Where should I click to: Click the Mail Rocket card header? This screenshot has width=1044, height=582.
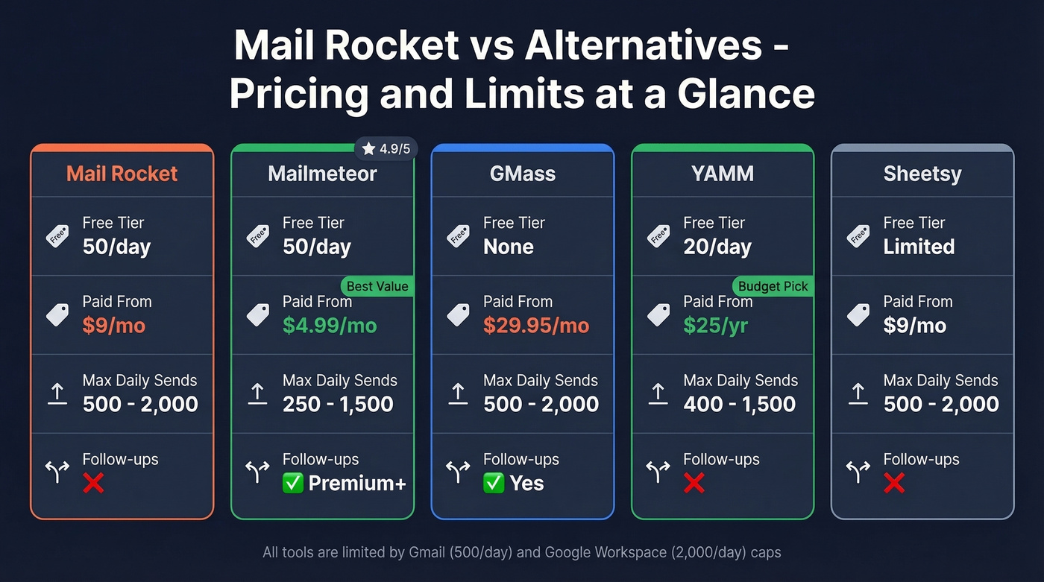tap(122, 174)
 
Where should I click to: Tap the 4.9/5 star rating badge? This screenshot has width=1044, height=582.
tap(386, 149)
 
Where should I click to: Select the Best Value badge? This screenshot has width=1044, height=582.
tap(377, 287)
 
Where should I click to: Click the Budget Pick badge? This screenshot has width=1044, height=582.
tap(773, 287)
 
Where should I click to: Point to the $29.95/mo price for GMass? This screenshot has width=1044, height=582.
tap(536, 326)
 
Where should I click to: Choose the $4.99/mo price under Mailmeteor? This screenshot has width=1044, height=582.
tap(330, 326)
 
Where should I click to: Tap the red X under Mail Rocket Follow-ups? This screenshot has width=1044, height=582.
tap(93, 484)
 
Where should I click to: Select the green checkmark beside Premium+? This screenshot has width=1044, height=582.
tap(293, 484)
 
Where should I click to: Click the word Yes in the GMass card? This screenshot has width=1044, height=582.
tap(526, 484)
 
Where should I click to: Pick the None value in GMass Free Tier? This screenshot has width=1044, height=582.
tap(509, 247)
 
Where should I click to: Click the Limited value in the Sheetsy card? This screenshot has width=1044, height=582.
tap(919, 247)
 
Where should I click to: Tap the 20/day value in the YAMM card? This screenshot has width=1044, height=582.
tap(717, 247)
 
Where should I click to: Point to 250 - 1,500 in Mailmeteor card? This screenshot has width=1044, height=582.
tap(338, 405)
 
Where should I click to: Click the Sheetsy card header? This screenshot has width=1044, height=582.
tap(922, 174)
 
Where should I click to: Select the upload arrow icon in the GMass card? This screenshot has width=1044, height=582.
tap(457, 393)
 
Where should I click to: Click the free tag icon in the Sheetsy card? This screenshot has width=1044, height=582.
tap(858, 236)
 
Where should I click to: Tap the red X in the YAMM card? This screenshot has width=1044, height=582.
tap(694, 484)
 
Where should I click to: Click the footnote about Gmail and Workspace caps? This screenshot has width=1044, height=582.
tap(522, 552)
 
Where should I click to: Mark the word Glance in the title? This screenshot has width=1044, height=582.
tap(746, 95)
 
